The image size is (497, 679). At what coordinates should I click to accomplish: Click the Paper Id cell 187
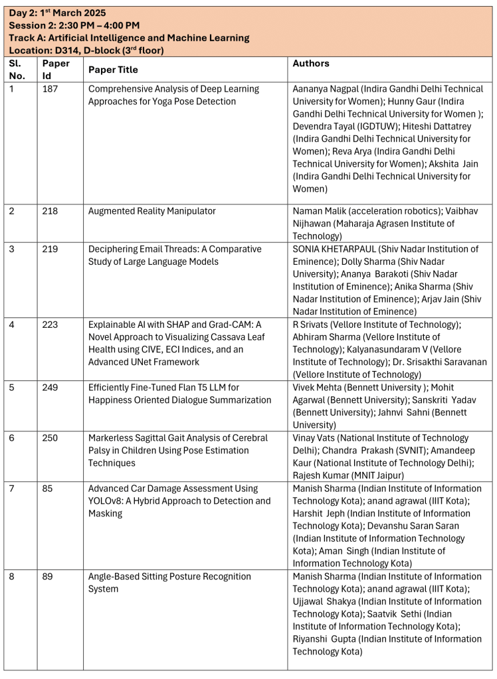(x=50, y=89)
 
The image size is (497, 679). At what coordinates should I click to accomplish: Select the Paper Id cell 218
(x=50, y=211)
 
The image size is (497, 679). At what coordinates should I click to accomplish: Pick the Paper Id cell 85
(x=47, y=489)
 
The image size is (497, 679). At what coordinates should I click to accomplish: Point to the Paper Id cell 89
(x=47, y=577)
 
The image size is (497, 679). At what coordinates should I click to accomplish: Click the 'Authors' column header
(x=311, y=64)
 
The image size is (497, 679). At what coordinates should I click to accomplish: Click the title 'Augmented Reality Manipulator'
(x=152, y=211)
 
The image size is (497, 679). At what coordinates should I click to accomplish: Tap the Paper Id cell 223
(x=50, y=325)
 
